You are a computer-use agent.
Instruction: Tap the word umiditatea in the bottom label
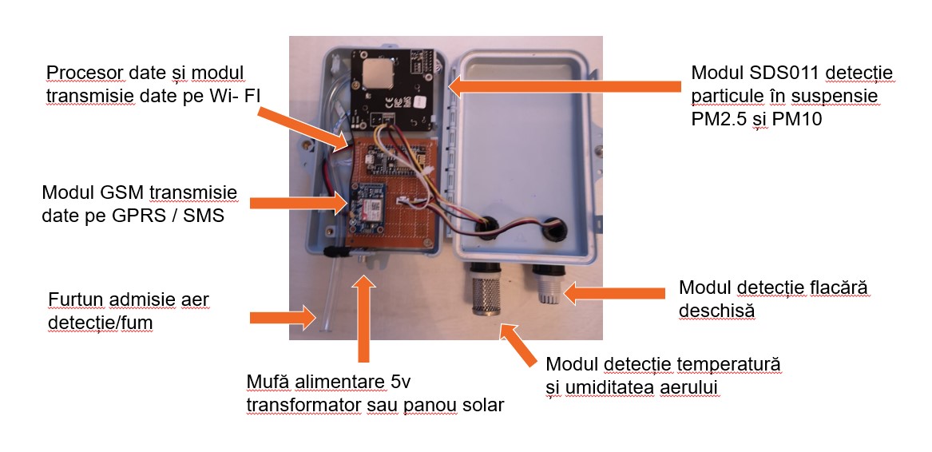pyautogui.click(x=624, y=387)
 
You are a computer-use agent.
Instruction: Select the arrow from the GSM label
pyautogui.click(x=299, y=204)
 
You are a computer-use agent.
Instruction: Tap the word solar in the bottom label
pyautogui.click(x=482, y=404)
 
